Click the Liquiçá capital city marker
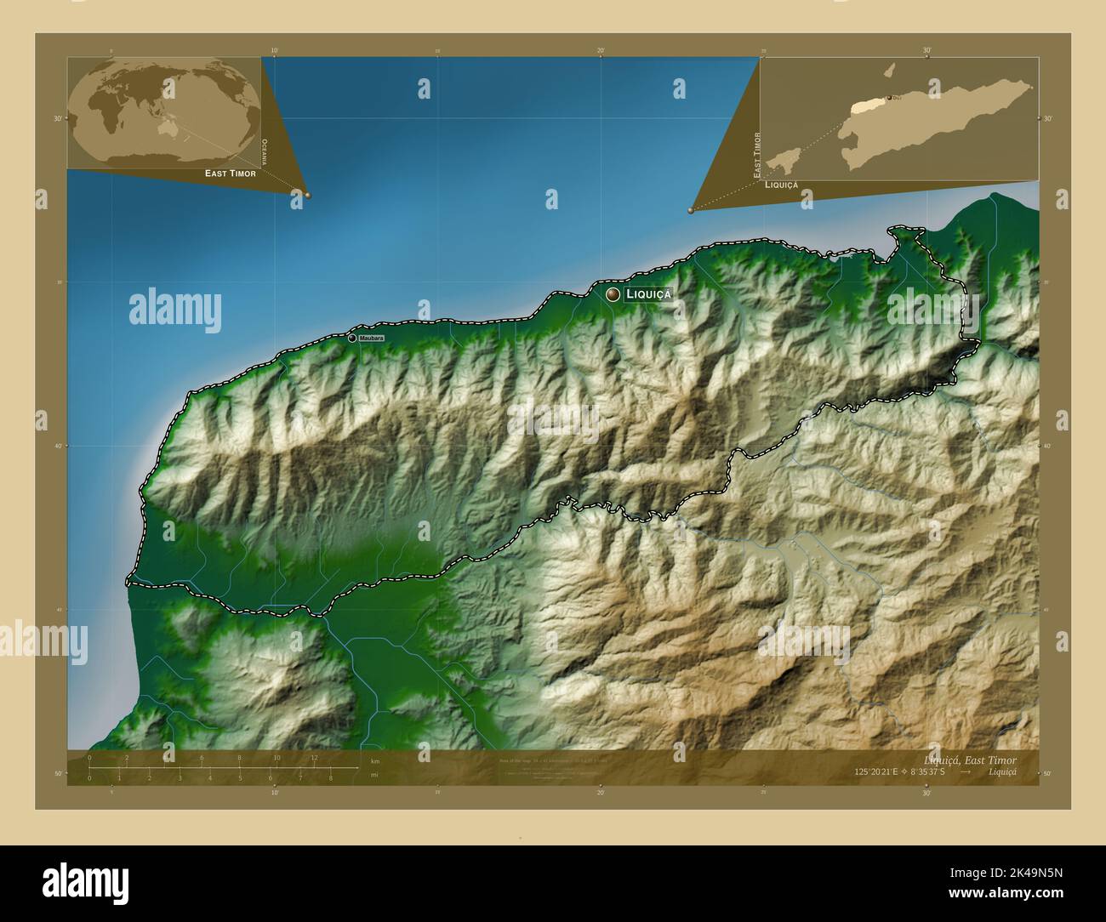click(x=613, y=294)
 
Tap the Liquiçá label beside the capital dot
click(x=648, y=294)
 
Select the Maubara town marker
click(x=351, y=338)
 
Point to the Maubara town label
click(x=371, y=339)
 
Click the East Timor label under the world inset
click(x=230, y=174)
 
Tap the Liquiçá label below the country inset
click(x=781, y=185)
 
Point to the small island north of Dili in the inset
click(x=891, y=71)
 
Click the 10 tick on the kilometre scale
click(x=276, y=757)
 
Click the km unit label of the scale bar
click(x=375, y=761)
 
